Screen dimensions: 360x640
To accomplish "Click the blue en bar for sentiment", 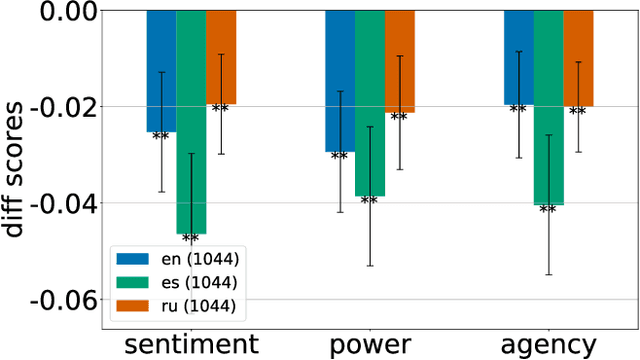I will click(x=161, y=70).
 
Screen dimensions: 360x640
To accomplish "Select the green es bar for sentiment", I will click(x=191, y=121).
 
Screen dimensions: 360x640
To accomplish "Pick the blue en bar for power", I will click(x=340, y=80).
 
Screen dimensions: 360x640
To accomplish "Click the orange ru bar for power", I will click(x=399, y=61).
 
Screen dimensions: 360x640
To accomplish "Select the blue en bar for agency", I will click(x=518, y=57).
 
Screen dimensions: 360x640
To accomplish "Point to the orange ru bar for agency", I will click(x=578, y=58).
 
